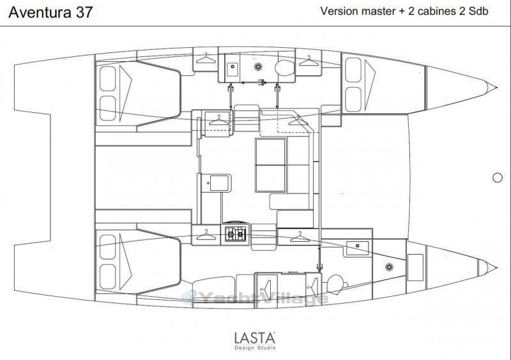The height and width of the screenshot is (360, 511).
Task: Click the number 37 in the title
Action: click(84, 12)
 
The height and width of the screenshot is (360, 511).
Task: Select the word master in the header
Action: click(375, 11)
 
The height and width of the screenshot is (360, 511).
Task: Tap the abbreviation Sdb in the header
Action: click(478, 11)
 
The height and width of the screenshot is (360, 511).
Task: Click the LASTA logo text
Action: click(255, 338)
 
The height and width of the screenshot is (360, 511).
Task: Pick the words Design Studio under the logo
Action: click(255, 348)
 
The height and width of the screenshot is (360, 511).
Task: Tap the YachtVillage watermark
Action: click(255, 298)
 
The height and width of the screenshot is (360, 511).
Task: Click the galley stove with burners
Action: click(235, 234)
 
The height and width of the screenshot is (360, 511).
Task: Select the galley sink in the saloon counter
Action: click(218, 183)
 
